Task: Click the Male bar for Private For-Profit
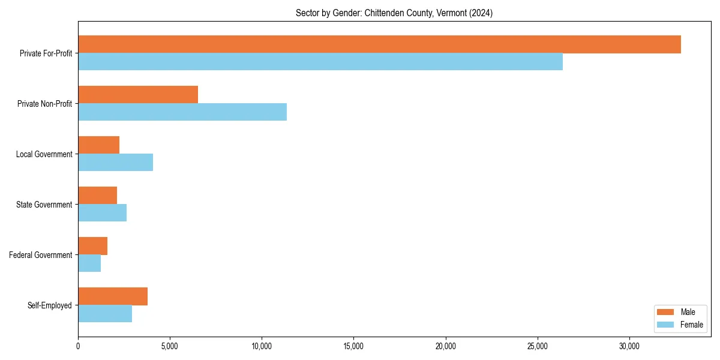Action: [x=379, y=44]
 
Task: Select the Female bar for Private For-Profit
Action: [x=320, y=62]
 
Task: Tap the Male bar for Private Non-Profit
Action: [x=138, y=95]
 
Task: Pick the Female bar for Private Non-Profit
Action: [x=182, y=112]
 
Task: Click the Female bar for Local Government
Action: [x=115, y=163]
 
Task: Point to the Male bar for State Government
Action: [x=97, y=196]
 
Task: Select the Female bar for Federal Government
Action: [x=89, y=263]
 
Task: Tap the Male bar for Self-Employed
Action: [x=113, y=296]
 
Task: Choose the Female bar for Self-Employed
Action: [x=105, y=314]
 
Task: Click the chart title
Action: [x=394, y=13]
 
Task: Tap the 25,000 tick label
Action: [x=538, y=346]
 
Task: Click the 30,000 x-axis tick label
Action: [x=629, y=346]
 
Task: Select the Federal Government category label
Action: [x=41, y=255]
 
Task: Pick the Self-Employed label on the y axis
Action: [x=50, y=305]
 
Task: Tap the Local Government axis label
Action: [x=44, y=154]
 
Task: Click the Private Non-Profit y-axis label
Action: [x=44, y=104]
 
